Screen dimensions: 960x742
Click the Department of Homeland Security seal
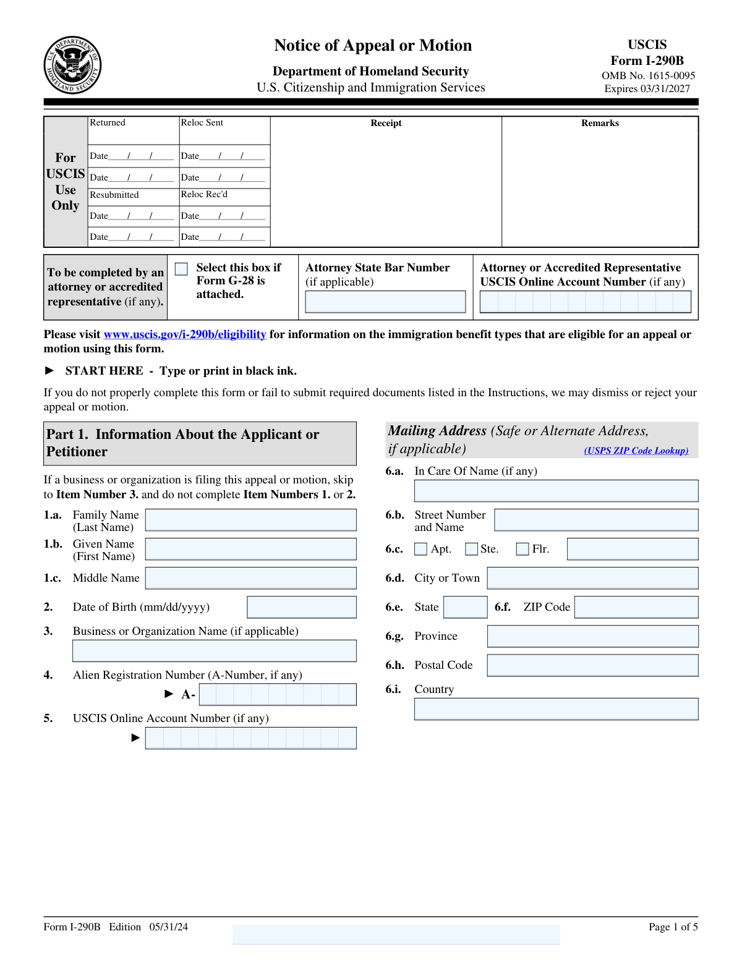tap(72, 65)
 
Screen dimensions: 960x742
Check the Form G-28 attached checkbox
tap(181, 269)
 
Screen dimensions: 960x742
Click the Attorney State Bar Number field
tap(385, 302)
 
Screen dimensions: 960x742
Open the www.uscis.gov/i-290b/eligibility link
tap(185, 334)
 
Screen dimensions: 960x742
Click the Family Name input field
tap(250, 520)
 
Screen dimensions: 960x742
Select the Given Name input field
tap(250, 549)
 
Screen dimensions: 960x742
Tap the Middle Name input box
tap(250, 578)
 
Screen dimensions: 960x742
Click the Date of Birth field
tap(302, 607)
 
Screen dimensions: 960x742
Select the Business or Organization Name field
tap(214, 651)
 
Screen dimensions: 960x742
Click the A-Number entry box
tap(278, 694)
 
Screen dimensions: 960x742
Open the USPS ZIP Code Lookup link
tap(636, 451)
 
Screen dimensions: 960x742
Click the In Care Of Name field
tap(556, 491)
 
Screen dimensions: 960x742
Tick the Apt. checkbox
tap(421, 549)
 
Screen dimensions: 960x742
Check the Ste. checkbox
tap(472, 549)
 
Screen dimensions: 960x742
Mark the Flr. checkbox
tap(522, 549)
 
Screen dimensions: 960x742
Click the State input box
tap(466, 607)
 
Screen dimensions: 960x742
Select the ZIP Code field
tap(636, 607)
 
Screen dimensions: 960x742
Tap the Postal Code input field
tap(592, 665)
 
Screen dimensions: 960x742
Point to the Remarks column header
tap(600, 123)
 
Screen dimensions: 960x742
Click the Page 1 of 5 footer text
tap(673, 927)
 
